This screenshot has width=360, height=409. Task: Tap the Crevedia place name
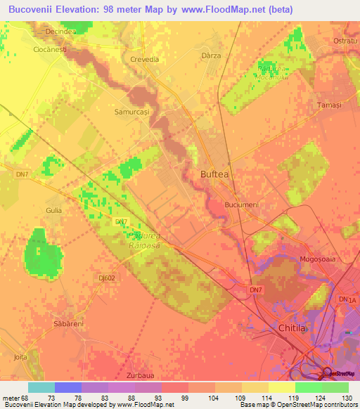(x=144, y=60)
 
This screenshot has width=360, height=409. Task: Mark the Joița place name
(x=20, y=356)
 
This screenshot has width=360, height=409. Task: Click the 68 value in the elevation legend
(x=26, y=398)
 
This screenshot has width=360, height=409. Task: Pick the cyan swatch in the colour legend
(x=41, y=387)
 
